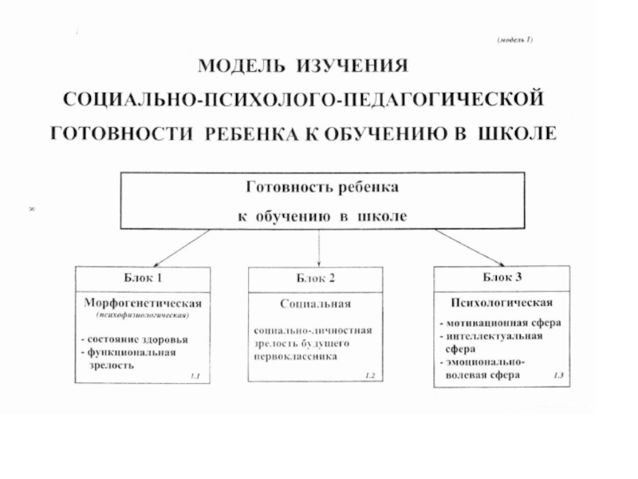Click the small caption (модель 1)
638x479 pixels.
[x=514, y=39]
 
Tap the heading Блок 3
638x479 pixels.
[x=502, y=277]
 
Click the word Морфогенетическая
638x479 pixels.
[x=144, y=303]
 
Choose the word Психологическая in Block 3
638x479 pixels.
[x=502, y=303]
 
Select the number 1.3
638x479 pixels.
[x=557, y=374]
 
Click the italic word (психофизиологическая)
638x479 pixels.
[x=144, y=316]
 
